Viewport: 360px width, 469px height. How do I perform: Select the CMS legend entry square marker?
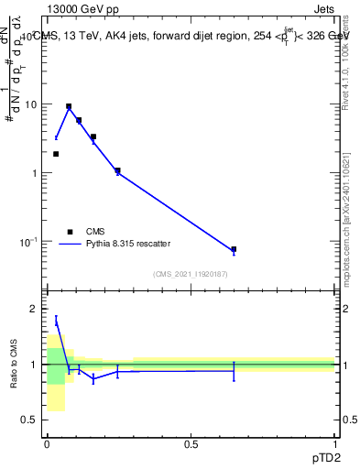pyautogui.click(x=70, y=232)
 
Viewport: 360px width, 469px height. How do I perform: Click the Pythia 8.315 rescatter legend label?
pyautogui.click(x=127, y=244)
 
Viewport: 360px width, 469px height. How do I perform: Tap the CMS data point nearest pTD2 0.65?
pyautogui.click(x=234, y=249)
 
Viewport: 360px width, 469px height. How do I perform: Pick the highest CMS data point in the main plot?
pyautogui.click(x=69, y=106)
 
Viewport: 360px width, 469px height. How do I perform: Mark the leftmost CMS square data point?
pyautogui.click(x=56, y=154)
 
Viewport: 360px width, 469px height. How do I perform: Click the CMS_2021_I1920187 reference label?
pyautogui.click(x=191, y=274)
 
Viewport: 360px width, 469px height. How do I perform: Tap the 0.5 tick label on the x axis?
pyautogui.click(x=191, y=444)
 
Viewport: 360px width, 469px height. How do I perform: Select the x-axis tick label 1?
pyautogui.click(x=334, y=444)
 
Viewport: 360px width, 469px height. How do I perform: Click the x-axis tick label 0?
pyautogui.click(x=47, y=444)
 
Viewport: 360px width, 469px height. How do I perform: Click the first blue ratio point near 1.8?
pyautogui.click(x=56, y=321)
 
